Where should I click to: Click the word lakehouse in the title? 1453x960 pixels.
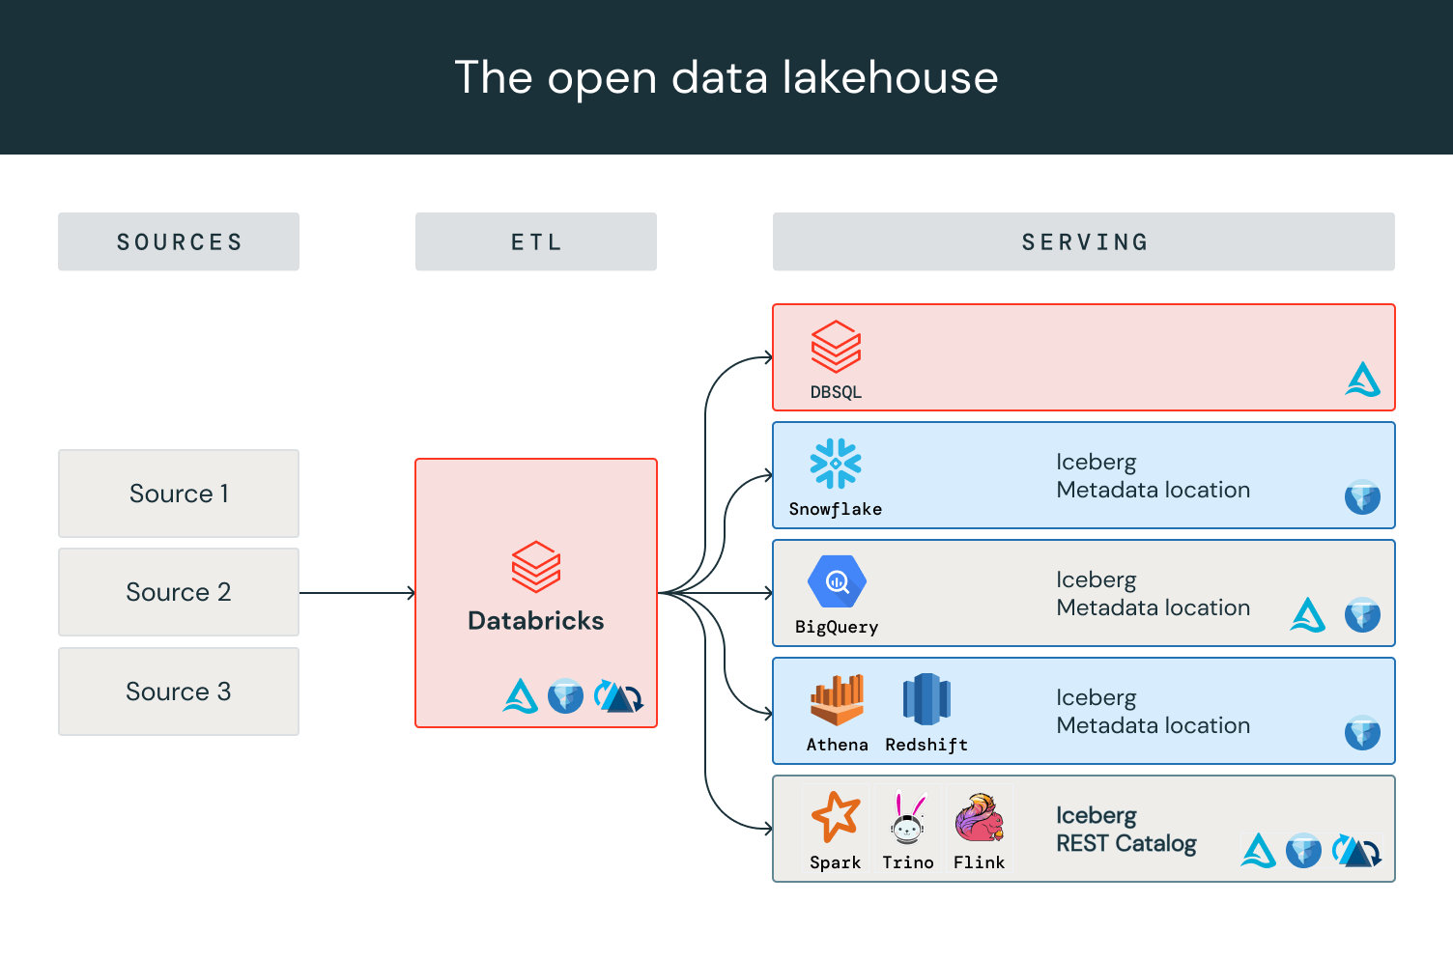[890, 77]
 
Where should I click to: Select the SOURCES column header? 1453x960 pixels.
[179, 241]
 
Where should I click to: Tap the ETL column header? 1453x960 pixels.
[536, 241]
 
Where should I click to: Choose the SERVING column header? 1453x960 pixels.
[1084, 241]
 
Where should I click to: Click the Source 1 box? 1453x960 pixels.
[179, 494]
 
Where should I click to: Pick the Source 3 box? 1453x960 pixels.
[179, 692]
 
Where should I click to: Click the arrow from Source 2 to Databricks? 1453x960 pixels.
[357, 593]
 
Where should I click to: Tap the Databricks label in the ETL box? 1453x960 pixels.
[536, 620]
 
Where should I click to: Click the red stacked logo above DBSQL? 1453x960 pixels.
[836, 347]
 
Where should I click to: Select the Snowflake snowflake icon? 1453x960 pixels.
[836, 464]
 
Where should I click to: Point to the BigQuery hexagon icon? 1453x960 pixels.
[837, 581]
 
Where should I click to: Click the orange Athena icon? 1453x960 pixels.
[837, 700]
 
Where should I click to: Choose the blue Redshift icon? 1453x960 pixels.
[926, 699]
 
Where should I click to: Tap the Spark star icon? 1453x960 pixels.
[836, 817]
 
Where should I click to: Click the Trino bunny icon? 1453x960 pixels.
[907, 818]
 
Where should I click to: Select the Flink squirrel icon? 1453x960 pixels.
[979, 817]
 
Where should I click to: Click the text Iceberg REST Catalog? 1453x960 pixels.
[1125, 830]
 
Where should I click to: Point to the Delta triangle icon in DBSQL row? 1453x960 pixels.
[1362, 380]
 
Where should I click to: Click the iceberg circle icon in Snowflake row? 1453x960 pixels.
[1362, 497]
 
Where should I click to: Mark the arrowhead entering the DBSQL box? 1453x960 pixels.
[768, 357]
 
